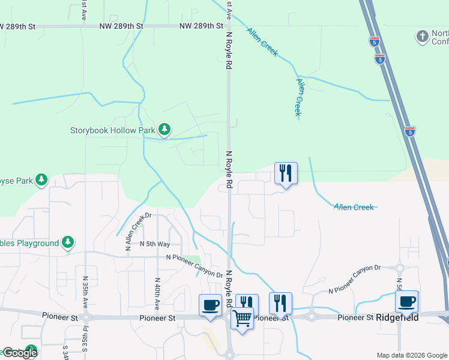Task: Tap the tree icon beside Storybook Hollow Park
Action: click(164, 129)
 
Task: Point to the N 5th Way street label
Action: click(155, 244)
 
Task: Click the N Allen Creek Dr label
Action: click(136, 232)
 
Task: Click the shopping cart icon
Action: click(243, 317)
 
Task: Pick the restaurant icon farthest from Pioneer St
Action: click(285, 173)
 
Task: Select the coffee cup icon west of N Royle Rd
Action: click(211, 304)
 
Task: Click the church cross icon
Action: click(422, 37)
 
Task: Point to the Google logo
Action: click(19, 353)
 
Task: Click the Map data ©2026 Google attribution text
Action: click(412, 355)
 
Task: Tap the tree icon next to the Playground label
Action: click(68, 242)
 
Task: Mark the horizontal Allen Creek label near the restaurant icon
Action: click(354, 207)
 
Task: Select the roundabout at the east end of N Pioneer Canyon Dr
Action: click(399, 268)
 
